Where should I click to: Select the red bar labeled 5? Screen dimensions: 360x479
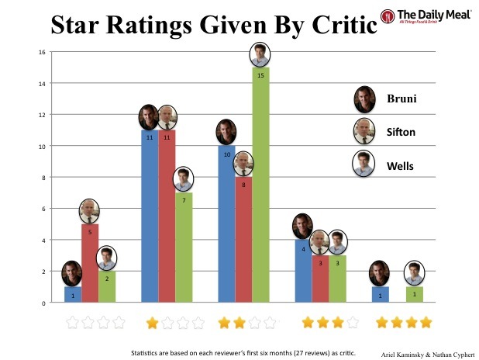click(x=89, y=264)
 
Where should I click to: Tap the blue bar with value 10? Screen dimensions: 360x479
click(x=226, y=225)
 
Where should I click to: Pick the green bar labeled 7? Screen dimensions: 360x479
click(x=184, y=248)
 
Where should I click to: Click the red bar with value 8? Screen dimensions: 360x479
click(x=243, y=241)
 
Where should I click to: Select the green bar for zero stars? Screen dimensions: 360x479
click(x=106, y=287)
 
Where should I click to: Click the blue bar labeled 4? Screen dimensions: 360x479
click(x=304, y=272)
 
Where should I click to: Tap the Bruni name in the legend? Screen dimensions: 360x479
click(x=401, y=99)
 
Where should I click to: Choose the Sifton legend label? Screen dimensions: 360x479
click(x=402, y=132)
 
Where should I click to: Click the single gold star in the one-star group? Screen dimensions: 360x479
click(x=152, y=321)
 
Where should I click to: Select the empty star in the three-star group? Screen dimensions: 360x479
click(x=352, y=321)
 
